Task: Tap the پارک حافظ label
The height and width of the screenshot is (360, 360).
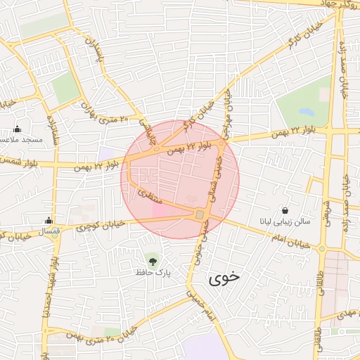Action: [154, 271]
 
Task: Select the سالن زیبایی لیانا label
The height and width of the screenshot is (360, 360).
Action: [285, 221]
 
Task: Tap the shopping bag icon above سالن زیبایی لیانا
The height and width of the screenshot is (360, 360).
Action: [285, 210]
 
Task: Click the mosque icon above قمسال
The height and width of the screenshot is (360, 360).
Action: [49, 220]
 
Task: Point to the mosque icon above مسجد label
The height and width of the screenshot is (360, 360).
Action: [18, 129]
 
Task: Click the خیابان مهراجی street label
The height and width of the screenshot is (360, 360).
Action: [227, 112]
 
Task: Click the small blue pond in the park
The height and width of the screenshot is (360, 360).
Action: [306, 111]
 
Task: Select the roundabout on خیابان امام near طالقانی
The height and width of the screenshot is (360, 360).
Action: [322, 249]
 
